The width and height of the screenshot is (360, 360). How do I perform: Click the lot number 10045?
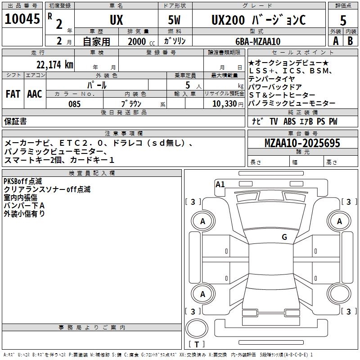tap(22, 20)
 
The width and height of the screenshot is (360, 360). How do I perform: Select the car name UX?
tap(116, 20)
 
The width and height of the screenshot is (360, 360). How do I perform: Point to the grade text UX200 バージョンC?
tap(258, 20)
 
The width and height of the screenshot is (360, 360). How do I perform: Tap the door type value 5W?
tap(175, 20)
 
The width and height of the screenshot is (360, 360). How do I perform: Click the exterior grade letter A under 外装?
tap(335, 41)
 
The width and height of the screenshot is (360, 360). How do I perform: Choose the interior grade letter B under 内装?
tap(350, 41)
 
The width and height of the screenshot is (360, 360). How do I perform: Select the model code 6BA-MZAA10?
tap(258, 41)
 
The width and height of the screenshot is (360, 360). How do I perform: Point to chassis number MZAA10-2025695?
tap(302, 143)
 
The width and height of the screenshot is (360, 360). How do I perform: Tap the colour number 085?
tap(75, 104)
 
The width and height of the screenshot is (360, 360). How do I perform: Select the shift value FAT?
tap(13, 94)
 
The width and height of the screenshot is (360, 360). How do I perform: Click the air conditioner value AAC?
tap(35, 94)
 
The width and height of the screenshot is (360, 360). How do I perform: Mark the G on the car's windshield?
tap(284, 237)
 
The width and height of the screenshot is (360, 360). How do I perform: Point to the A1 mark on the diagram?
tap(220, 184)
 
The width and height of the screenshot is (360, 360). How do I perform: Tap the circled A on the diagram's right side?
tap(339, 221)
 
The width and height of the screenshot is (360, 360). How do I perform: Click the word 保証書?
tap(15, 121)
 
